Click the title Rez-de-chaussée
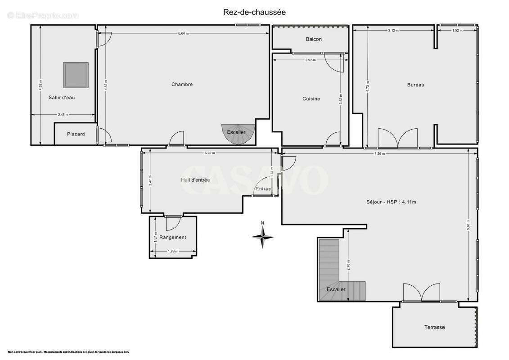(254, 12)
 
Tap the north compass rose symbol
(263, 235)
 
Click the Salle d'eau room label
(62, 97)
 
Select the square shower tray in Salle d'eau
(75, 75)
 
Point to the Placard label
(76, 134)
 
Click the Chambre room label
(182, 84)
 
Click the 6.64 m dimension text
(183, 34)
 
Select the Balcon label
(314, 39)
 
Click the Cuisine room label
(311, 99)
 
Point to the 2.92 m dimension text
(311, 60)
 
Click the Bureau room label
(415, 85)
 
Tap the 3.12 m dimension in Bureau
(393, 31)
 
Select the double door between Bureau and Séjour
(398, 139)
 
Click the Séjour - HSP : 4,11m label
(391, 202)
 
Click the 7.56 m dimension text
(379, 153)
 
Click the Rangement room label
(172, 237)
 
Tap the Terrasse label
(434, 327)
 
